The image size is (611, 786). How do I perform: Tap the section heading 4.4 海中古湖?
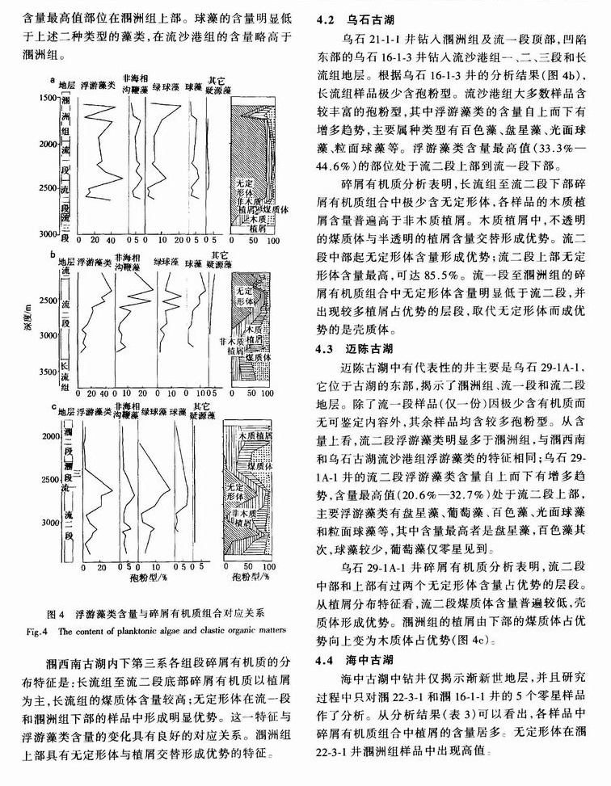click(x=354, y=659)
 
